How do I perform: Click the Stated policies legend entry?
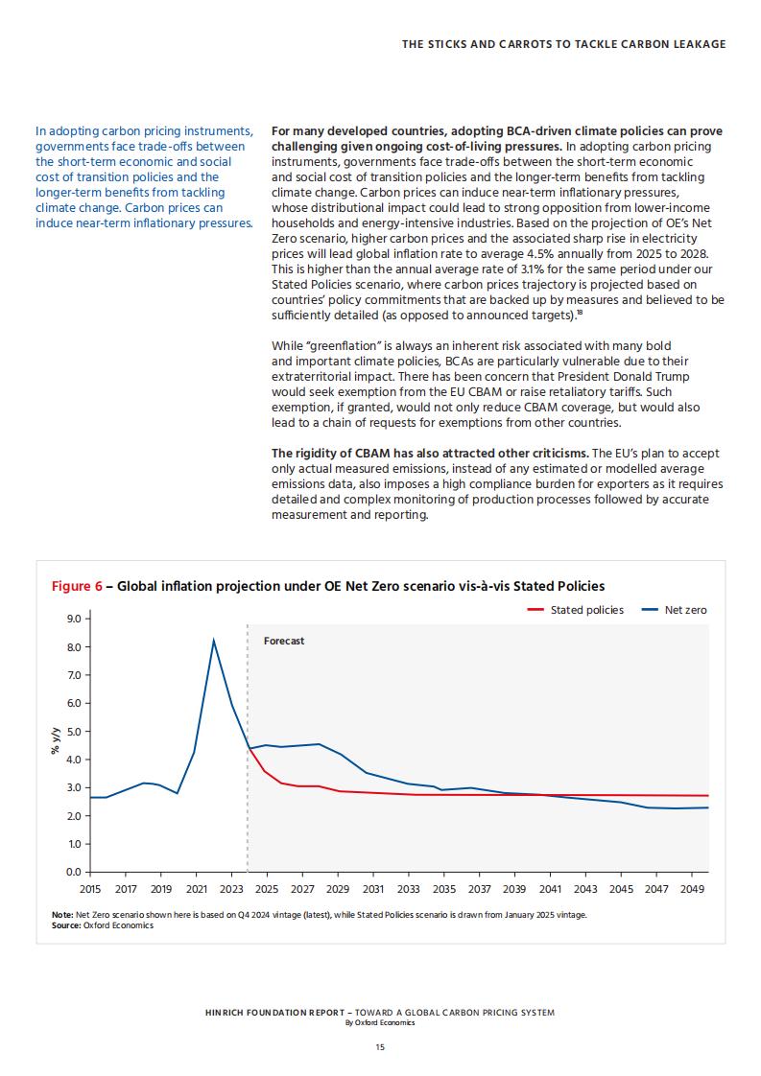pos(575,610)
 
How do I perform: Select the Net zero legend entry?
pos(673,610)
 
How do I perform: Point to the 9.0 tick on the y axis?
pos(74,619)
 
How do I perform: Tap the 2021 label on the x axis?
pos(197,889)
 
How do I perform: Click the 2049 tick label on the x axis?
pos(692,889)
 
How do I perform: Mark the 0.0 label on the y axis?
pos(74,872)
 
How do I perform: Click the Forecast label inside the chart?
pos(284,641)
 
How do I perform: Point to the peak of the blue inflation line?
pos(214,641)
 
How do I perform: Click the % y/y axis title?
pos(56,741)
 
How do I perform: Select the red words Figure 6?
pos(77,586)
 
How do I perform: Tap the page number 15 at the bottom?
pos(380,1047)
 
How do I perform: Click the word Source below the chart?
pos(65,925)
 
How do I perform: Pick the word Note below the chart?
pos(61,915)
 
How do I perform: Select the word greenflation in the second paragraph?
pos(342,346)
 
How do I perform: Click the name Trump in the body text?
pos(673,377)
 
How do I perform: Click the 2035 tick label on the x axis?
pos(443,889)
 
